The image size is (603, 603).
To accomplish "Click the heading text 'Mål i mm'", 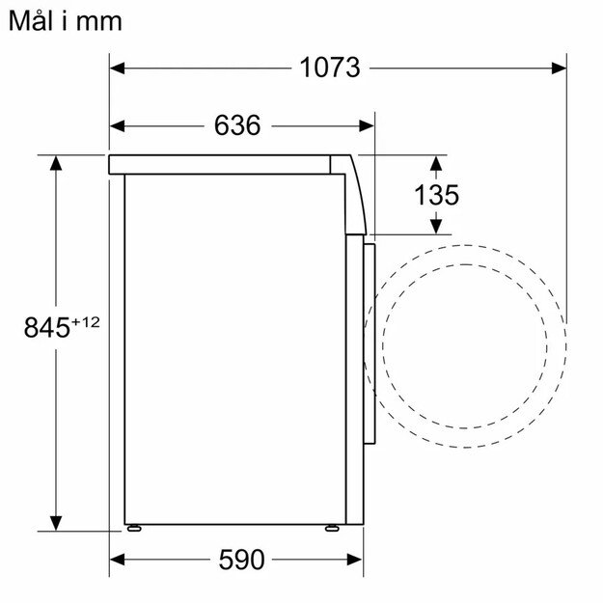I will point(66,20).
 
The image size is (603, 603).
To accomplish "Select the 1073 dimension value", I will point(329,68).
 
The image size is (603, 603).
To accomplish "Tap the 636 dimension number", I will point(237,125).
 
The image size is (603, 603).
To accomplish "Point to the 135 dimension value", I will point(436,195).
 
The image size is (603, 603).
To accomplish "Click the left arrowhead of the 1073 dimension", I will point(118,68).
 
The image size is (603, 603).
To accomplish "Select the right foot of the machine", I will point(331,528).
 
